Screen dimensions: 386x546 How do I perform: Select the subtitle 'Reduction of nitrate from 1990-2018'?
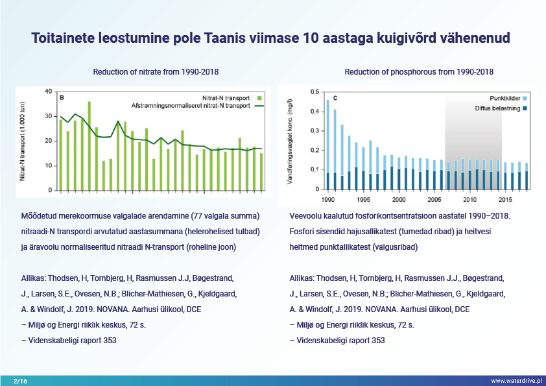pos(160,71)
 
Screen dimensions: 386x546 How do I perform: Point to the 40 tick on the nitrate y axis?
pos(49,91)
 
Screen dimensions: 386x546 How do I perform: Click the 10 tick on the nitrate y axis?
pos(49,165)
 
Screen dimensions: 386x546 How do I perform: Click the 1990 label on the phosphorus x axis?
pos(327,199)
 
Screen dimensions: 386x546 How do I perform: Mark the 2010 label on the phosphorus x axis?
pos(470,199)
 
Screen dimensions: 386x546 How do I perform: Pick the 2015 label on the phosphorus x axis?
pos(506,199)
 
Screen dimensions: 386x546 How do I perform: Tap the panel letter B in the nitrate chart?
pos(62,98)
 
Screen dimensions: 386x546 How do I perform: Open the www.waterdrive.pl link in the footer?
pos(516,381)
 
